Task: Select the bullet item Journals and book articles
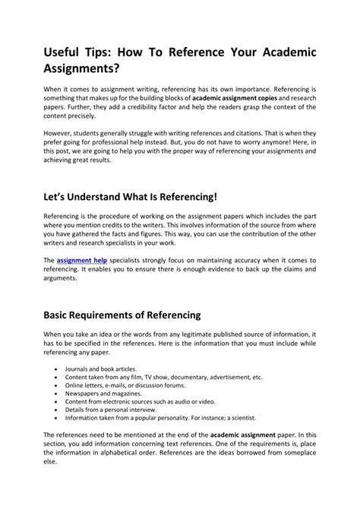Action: coord(99,368)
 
